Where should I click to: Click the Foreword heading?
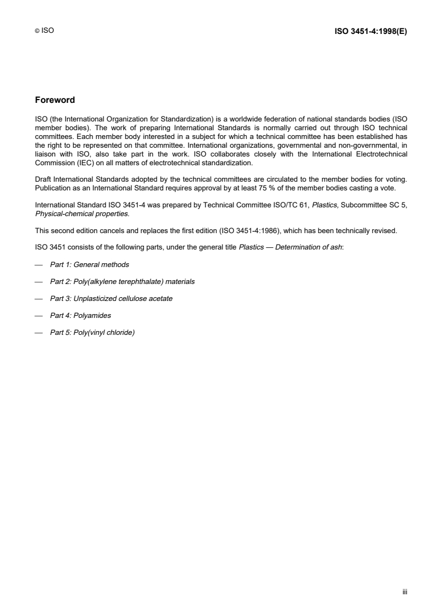tap(55, 100)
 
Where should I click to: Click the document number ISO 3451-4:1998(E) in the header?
tap(371, 31)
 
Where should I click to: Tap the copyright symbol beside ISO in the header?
tap(36, 32)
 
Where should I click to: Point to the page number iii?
tap(405, 592)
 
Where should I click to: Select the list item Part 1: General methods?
tap(89, 264)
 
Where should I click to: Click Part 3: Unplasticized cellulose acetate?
tap(111, 298)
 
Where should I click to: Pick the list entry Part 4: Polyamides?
tap(84, 315)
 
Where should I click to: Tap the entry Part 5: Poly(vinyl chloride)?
tap(92, 332)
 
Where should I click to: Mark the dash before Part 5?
tap(38, 332)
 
